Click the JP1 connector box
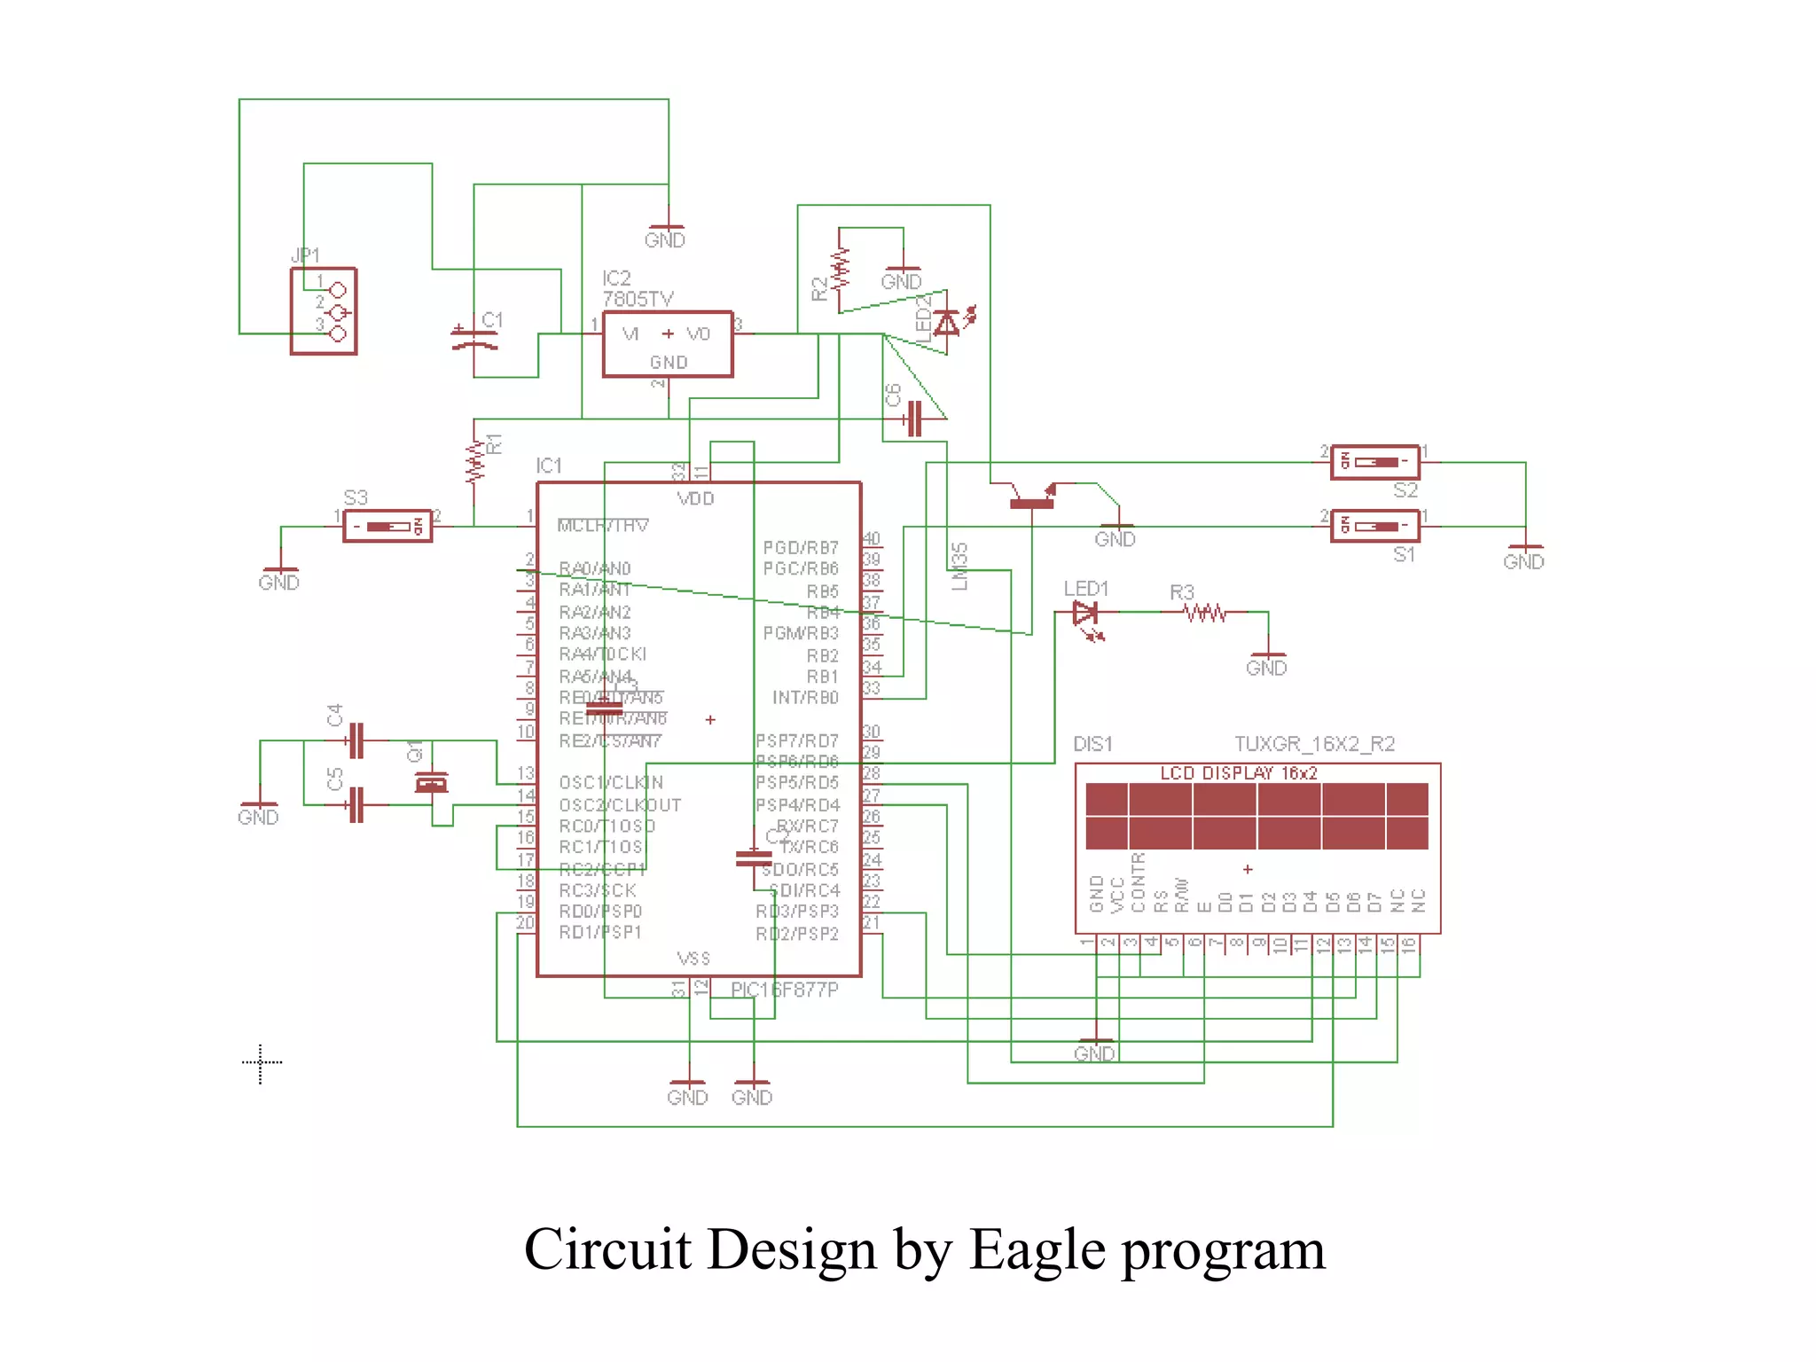[x=324, y=311]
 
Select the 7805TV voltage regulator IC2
[x=667, y=344]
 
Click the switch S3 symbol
[x=387, y=527]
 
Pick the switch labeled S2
[x=1374, y=462]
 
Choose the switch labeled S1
[x=1374, y=527]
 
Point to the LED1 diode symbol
[x=1085, y=613]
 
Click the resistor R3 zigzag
[x=1206, y=613]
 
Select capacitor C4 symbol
[x=356, y=740]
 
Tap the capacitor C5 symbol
[x=356, y=805]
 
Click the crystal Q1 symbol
[x=432, y=783]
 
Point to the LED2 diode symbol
[x=947, y=323]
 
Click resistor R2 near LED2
[x=839, y=269]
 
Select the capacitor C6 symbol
[x=914, y=419]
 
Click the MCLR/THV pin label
[x=603, y=526]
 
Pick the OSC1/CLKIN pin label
[x=611, y=783]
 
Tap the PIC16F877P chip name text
[x=784, y=990]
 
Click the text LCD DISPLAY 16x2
[x=1239, y=773]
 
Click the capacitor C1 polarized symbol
[x=474, y=340]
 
